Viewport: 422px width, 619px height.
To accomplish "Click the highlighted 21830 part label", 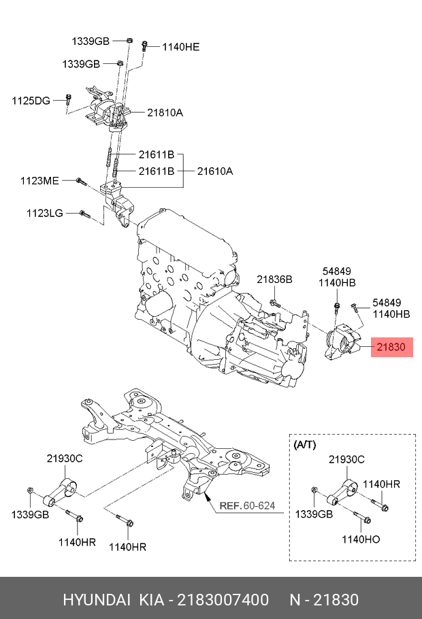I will coord(391,347).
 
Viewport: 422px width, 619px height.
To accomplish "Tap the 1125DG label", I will coord(31,101).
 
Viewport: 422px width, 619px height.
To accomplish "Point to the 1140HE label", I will coord(180,47).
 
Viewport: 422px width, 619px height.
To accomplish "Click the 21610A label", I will coord(215,171).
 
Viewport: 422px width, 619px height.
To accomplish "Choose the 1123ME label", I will coord(39,181).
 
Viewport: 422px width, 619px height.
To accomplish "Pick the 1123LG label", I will coord(45,213).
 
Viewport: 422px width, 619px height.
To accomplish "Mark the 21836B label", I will coord(274,279).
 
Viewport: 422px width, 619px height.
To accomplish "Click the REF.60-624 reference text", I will coord(247,505).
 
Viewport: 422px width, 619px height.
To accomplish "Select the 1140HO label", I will coord(361,539).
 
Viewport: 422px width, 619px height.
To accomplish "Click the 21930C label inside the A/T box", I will coord(346,460).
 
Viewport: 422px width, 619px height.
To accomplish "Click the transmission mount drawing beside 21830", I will coord(343,343).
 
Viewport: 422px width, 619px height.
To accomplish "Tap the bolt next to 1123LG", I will coord(84,214).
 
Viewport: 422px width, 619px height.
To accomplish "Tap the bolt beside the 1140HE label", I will coord(145,46).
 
